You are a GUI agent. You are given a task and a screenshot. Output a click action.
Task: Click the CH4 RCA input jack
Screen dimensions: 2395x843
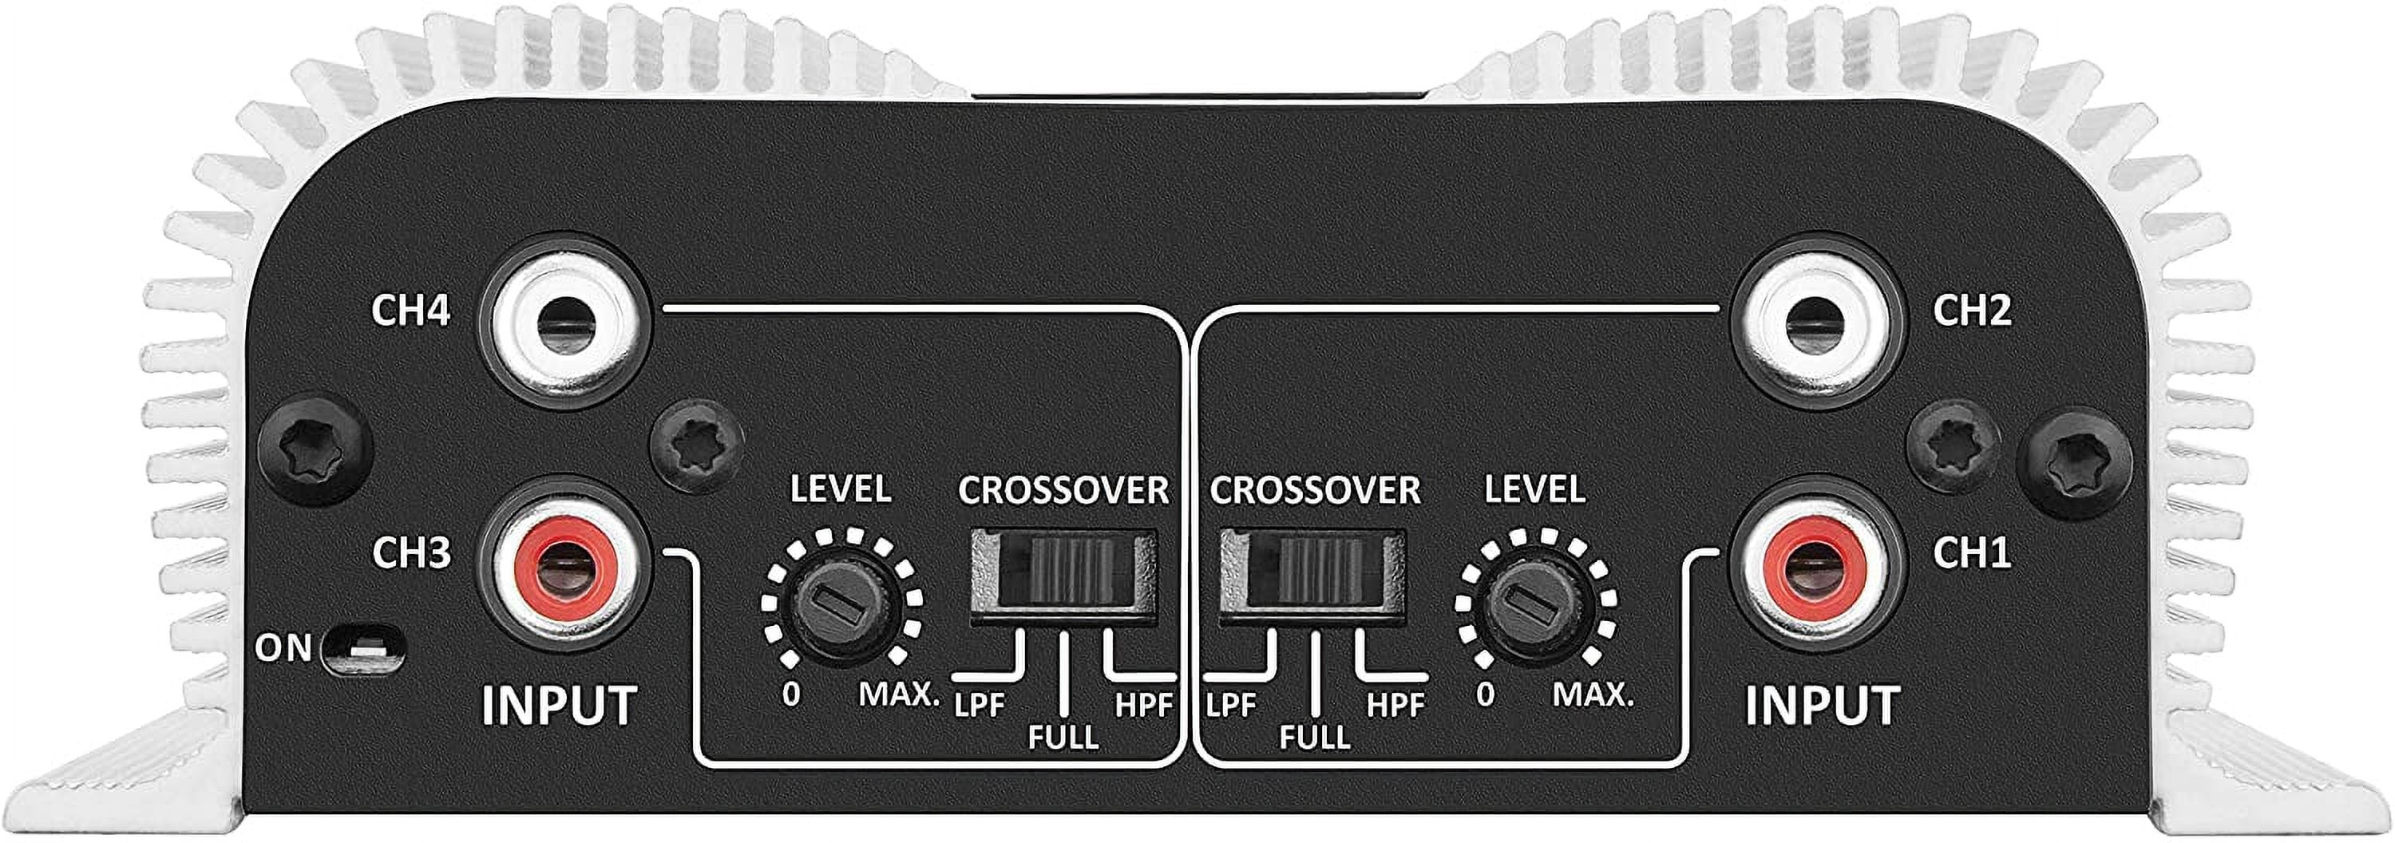click(564, 322)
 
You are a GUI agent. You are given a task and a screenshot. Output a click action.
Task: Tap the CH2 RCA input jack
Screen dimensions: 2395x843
click(1809, 322)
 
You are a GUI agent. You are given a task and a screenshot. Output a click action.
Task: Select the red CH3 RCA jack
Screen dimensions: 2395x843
click(564, 565)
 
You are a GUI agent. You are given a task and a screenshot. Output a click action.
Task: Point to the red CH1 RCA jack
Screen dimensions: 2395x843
click(1809, 565)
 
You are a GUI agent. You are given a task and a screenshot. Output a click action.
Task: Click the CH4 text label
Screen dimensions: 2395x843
click(411, 311)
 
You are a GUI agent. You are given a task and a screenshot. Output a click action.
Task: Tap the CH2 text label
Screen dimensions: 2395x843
click(1972, 311)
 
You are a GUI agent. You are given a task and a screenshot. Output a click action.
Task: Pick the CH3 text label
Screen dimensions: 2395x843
click(411, 553)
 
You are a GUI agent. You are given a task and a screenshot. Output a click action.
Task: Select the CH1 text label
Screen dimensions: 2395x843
click(1971, 553)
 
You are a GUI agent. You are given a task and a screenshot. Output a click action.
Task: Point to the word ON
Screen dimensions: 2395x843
click(283, 648)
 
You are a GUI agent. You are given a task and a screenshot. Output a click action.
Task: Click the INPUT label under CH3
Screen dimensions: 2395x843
click(559, 706)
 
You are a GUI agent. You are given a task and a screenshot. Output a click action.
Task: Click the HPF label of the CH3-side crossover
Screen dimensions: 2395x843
click(1143, 706)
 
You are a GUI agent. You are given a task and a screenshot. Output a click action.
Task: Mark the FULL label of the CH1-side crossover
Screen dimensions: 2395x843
click(1315, 737)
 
